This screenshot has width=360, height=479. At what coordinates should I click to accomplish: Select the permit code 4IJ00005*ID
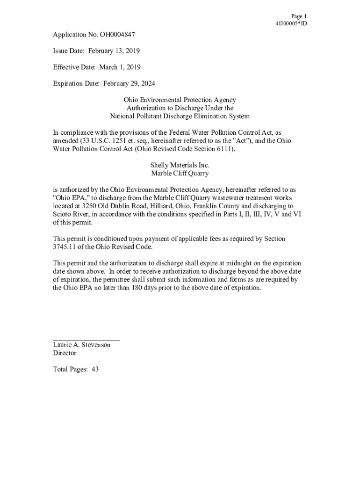[x=291, y=23]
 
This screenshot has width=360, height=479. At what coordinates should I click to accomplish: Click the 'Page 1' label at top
[x=298, y=16]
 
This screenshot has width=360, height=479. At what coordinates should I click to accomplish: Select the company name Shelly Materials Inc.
[x=180, y=165]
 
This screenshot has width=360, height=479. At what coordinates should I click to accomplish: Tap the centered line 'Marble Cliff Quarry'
[x=180, y=174]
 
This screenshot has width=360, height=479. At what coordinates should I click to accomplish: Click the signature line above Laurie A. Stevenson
[x=86, y=340]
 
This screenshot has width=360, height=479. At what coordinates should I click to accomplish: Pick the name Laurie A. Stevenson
[x=82, y=345]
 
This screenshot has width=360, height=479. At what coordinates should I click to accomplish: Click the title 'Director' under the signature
[x=65, y=353]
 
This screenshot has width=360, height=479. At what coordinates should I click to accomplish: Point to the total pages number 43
[x=95, y=370]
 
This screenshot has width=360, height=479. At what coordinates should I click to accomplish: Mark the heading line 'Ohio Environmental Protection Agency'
[x=180, y=100]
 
